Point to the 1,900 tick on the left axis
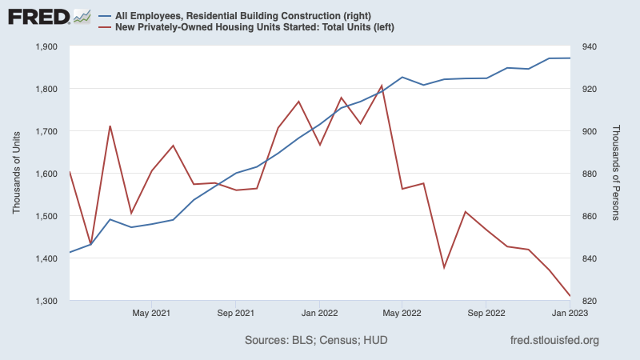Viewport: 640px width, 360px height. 46,46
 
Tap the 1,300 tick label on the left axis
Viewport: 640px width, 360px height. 46,301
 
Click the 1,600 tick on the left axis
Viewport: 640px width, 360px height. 46,174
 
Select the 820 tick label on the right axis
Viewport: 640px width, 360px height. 588,301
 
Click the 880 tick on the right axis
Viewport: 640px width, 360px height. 588,174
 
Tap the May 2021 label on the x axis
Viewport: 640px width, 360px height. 151,314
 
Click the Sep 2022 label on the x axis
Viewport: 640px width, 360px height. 485,314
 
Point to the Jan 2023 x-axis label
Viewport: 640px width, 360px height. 569,314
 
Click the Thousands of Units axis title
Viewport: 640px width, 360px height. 18,174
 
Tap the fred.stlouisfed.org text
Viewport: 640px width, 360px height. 554,342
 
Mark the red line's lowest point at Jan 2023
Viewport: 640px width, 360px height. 570,296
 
